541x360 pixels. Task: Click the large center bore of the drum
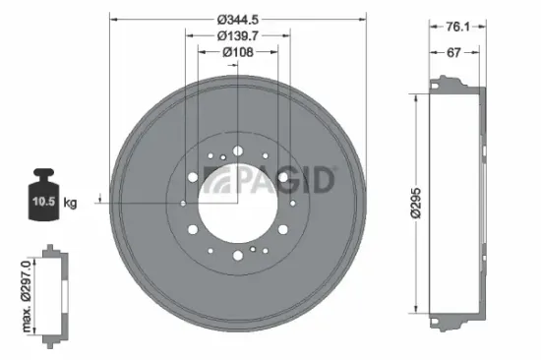(x=235, y=204)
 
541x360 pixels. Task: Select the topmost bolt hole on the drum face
(x=236, y=150)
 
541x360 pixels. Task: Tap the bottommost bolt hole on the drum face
(x=236, y=258)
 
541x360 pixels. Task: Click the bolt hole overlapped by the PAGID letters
(x=283, y=178)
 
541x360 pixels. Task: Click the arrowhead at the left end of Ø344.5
(x=111, y=18)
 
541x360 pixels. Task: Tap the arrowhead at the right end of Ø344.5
(x=359, y=18)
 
